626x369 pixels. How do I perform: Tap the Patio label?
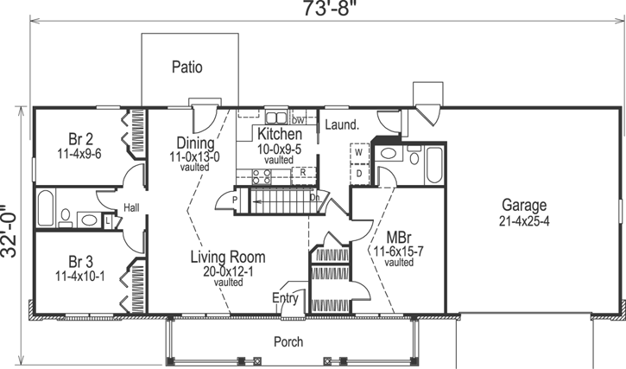[x=187, y=67]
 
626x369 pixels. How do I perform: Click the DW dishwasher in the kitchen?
[x=299, y=119]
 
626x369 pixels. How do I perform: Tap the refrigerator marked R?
[x=303, y=173]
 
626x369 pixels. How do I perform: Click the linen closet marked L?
[x=106, y=220]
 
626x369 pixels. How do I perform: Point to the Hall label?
[x=131, y=207]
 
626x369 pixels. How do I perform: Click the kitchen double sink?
[x=275, y=118]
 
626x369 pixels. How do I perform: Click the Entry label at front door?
[x=286, y=299]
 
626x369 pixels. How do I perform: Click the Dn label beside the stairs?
[x=316, y=198]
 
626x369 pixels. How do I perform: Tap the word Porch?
[x=288, y=342]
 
